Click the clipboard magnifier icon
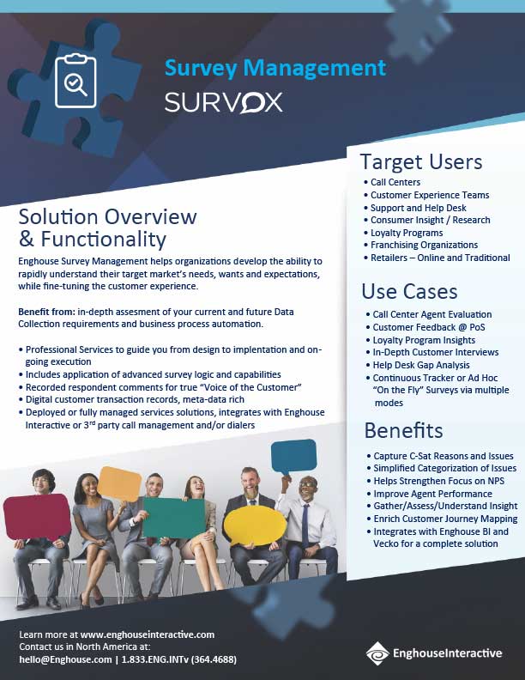point(75,82)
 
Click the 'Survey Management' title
point(275,68)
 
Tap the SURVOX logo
point(223,103)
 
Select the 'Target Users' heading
point(420,161)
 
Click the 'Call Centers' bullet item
point(395,182)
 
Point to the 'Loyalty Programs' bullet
point(406,233)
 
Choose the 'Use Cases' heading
point(409,291)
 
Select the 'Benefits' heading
point(403,429)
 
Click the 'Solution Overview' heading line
point(107,216)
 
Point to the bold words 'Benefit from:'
point(46,309)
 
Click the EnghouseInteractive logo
point(435,653)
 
